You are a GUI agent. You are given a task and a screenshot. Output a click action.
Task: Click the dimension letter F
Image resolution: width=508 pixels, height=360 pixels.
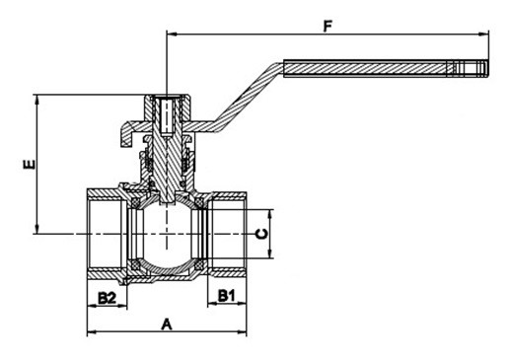[327, 27]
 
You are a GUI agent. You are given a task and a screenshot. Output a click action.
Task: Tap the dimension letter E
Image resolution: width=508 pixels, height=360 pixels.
[30, 164]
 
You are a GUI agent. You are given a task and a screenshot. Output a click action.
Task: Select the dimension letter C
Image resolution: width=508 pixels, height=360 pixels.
[262, 234]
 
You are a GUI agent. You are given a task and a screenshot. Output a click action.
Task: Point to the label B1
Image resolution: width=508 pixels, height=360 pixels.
[227, 296]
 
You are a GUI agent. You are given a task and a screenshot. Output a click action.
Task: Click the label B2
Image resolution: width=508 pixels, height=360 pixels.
[108, 298]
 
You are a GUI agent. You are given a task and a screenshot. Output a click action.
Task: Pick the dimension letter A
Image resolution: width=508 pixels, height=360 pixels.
[167, 324]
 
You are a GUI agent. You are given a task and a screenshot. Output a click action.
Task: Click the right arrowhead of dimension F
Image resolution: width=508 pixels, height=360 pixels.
[483, 34]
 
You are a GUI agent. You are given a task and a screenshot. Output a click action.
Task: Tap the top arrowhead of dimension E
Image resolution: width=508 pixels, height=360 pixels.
[37, 100]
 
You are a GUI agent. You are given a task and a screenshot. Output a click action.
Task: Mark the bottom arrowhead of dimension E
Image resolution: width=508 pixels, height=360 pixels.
[37, 229]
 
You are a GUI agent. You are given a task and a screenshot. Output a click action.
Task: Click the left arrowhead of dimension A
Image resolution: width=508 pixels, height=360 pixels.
[92, 332]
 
